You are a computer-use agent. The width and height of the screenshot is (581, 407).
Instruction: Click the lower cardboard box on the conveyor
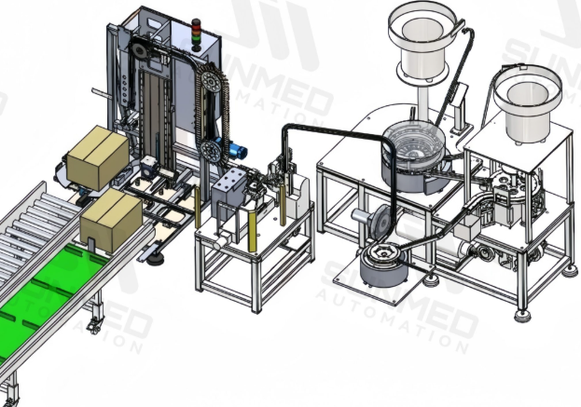pyautogui.click(x=110, y=218)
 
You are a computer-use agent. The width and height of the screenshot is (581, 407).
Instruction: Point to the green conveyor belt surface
pyautogui.click(x=56, y=288)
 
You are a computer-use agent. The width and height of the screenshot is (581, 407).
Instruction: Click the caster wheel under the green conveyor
pyautogui.click(x=94, y=324)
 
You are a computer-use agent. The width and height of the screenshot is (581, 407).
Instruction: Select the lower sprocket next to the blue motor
pyautogui.click(x=210, y=149)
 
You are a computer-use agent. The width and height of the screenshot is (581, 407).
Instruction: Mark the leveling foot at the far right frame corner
pyautogui.click(x=570, y=270)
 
